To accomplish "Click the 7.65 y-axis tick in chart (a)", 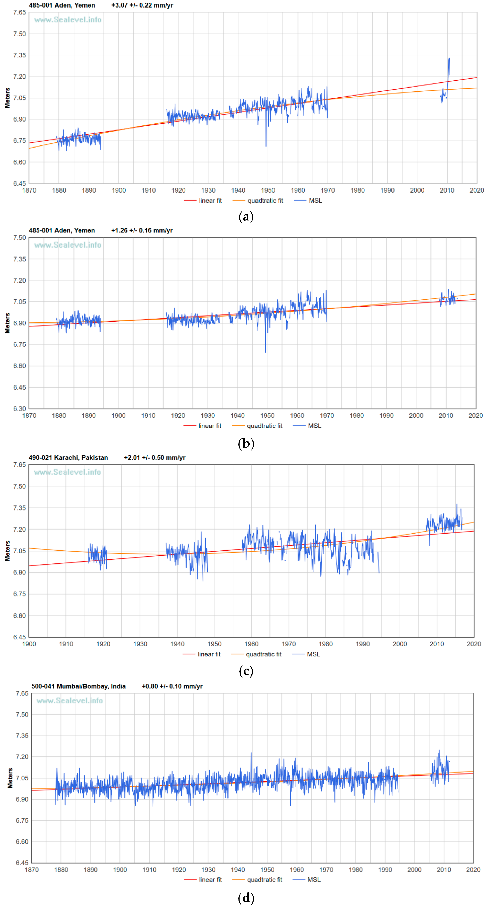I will pyautogui.click(x=20, y=12).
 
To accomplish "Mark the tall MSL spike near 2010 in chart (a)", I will pyautogui.click(x=449, y=60).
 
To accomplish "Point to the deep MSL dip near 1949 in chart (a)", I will pyautogui.click(x=266, y=144).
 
